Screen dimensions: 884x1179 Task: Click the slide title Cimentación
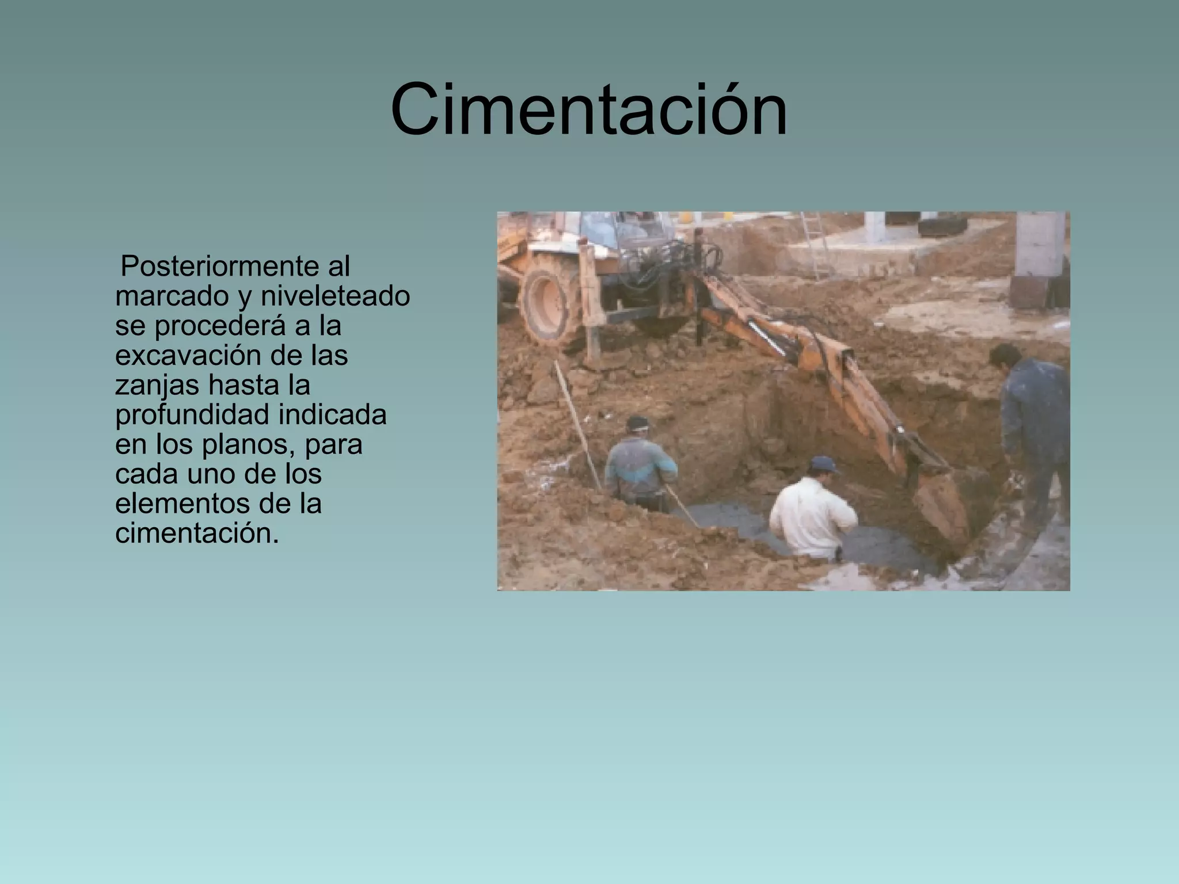[588, 109]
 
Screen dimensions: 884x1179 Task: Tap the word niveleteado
[335, 296]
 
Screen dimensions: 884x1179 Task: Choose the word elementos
[179, 504]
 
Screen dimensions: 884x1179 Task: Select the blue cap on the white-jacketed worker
[823, 463]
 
